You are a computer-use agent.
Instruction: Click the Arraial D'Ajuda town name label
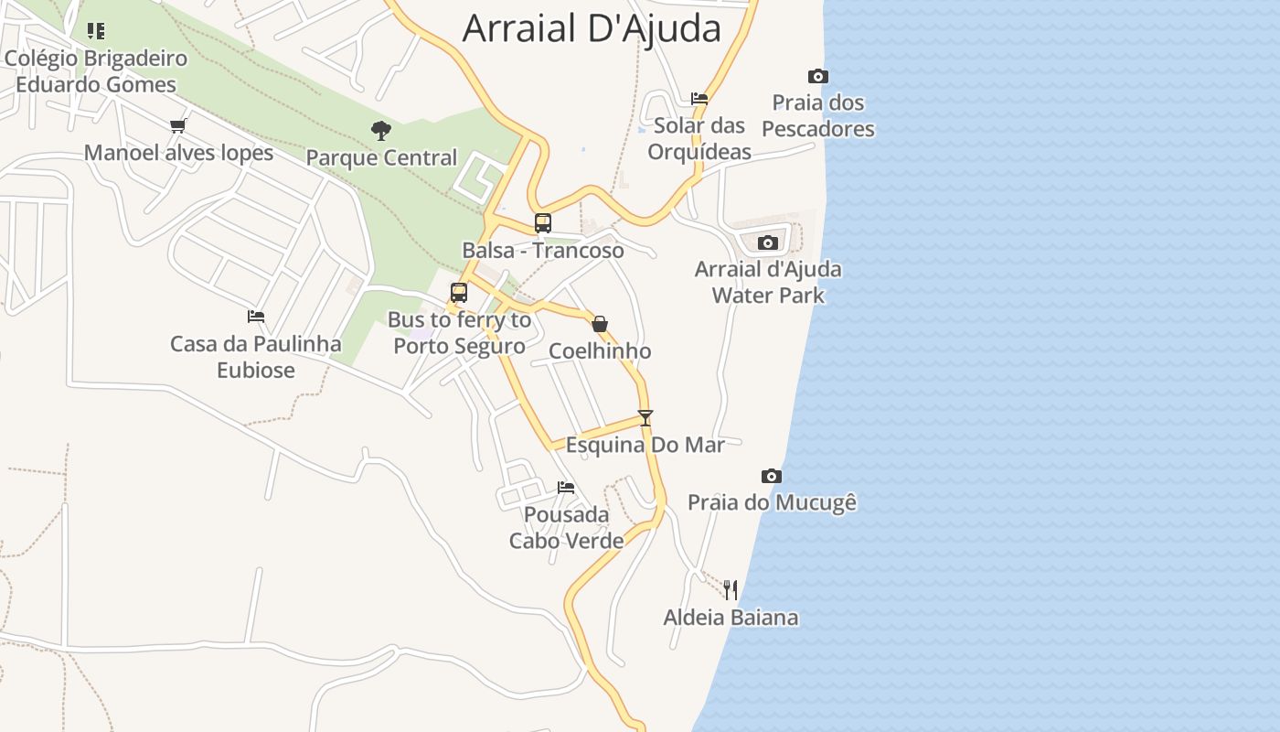592,28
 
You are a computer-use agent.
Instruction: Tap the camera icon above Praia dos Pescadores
818,77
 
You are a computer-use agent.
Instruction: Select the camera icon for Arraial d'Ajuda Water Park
768,242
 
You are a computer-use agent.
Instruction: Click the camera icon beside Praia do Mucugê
772,476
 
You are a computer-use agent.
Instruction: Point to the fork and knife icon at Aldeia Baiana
730,589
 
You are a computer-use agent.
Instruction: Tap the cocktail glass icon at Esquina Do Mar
645,418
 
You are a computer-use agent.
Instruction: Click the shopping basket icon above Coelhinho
600,324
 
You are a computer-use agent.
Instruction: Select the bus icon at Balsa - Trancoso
543,222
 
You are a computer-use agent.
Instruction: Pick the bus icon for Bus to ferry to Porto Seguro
459,293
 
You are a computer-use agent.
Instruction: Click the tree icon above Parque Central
381,131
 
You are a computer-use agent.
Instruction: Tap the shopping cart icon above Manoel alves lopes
178,125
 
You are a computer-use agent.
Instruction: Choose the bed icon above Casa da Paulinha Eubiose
256,317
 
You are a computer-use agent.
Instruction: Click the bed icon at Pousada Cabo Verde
566,488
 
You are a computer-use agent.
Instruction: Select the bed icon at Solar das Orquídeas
699,98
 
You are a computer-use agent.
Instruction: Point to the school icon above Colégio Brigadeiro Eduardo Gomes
96,31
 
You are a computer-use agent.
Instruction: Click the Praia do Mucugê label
772,502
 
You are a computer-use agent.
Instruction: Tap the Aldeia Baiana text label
731,618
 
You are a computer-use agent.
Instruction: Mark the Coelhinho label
600,351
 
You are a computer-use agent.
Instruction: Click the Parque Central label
381,158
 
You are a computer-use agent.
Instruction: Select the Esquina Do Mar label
645,446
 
